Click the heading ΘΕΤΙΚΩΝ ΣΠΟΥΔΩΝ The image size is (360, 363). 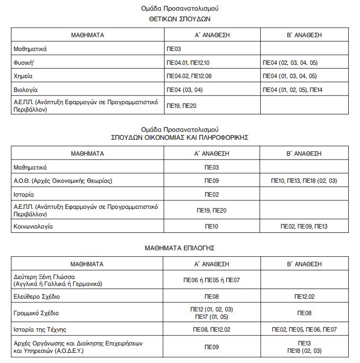coord(180,18)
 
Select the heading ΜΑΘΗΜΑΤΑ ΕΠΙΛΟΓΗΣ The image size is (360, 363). coord(180,248)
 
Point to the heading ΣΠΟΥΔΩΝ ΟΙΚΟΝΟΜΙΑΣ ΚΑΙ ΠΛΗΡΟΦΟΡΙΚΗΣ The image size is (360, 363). coord(180,137)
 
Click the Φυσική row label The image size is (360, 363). coord(24,63)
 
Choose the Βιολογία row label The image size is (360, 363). coord(25,90)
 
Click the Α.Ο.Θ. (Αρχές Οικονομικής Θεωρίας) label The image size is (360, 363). coord(63,181)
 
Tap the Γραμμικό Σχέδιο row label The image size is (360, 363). coord(36,313)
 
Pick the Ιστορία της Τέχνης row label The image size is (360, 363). coord(39,330)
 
